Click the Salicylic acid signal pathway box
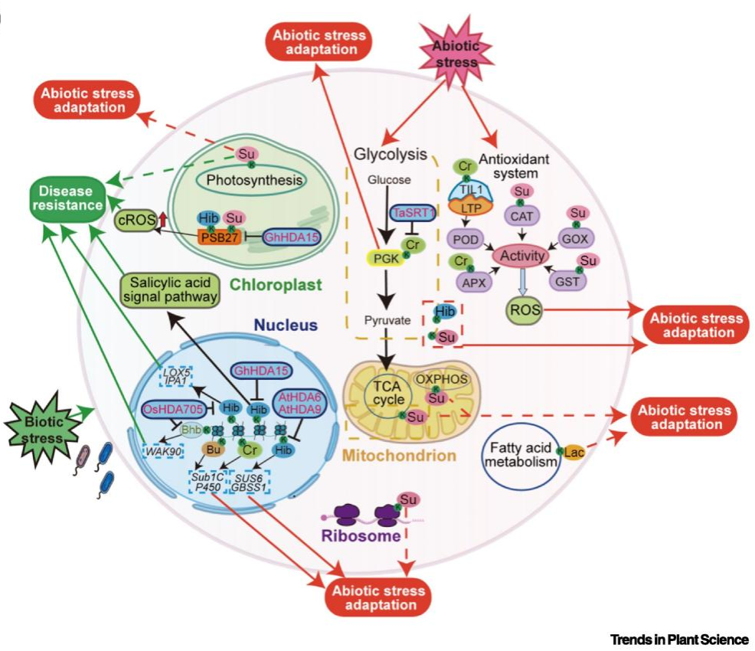click(x=170, y=290)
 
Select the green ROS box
click(x=525, y=311)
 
